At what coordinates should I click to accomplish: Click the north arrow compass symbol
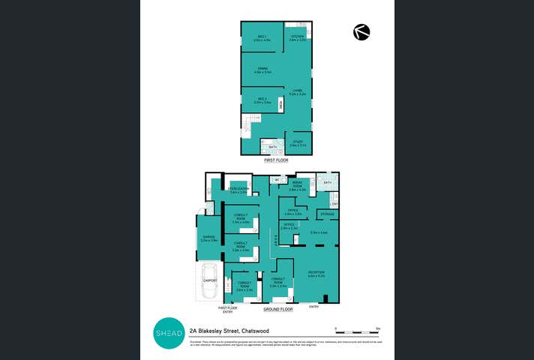coord(361,32)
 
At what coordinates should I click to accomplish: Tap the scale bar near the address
coord(358,330)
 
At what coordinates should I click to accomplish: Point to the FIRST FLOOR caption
coord(275,160)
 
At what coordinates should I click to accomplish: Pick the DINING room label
coord(262,70)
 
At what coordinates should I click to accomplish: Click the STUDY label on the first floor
coord(298,143)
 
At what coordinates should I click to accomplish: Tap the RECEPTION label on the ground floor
coord(316,273)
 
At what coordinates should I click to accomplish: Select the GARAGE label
coord(208,238)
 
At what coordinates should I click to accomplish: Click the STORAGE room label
coord(327,214)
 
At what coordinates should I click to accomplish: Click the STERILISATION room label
coord(238,190)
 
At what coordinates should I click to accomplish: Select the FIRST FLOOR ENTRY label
coord(227,309)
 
